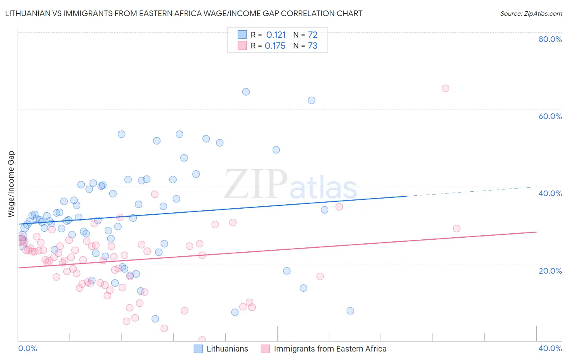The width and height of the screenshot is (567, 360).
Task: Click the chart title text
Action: click(x=183, y=13)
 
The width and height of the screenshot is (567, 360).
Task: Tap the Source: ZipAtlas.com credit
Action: click(x=531, y=13)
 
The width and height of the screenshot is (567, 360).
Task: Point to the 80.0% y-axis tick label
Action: click(x=550, y=39)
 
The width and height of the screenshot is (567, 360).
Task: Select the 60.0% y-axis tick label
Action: click(x=550, y=116)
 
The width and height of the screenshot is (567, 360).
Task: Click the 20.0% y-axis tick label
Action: click(x=550, y=270)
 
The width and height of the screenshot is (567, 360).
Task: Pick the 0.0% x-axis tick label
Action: click(x=27, y=348)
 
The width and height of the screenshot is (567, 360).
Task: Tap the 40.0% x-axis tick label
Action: click(x=550, y=348)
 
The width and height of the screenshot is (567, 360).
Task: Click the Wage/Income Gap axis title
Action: click(x=11, y=184)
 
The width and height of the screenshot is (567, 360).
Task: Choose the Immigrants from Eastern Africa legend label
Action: click(x=330, y=349)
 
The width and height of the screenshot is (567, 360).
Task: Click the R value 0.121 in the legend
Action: click(x=276, y=35)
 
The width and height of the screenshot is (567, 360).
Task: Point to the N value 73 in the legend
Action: click(x=313, y=46)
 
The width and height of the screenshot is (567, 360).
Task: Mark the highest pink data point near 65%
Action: click(x=445, y=88)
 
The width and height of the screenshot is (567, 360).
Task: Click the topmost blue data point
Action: click(x=246, y=92)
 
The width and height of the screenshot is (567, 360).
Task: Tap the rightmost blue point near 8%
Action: click(x=350, y=311)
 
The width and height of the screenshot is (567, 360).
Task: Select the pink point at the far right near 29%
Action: click(x=457, y=228)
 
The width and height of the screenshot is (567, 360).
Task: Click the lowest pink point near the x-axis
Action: click(x=202, y=340)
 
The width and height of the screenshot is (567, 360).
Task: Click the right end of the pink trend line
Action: click(x=536, y=232)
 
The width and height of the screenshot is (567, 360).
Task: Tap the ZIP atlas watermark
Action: click(x=290, y=185)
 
